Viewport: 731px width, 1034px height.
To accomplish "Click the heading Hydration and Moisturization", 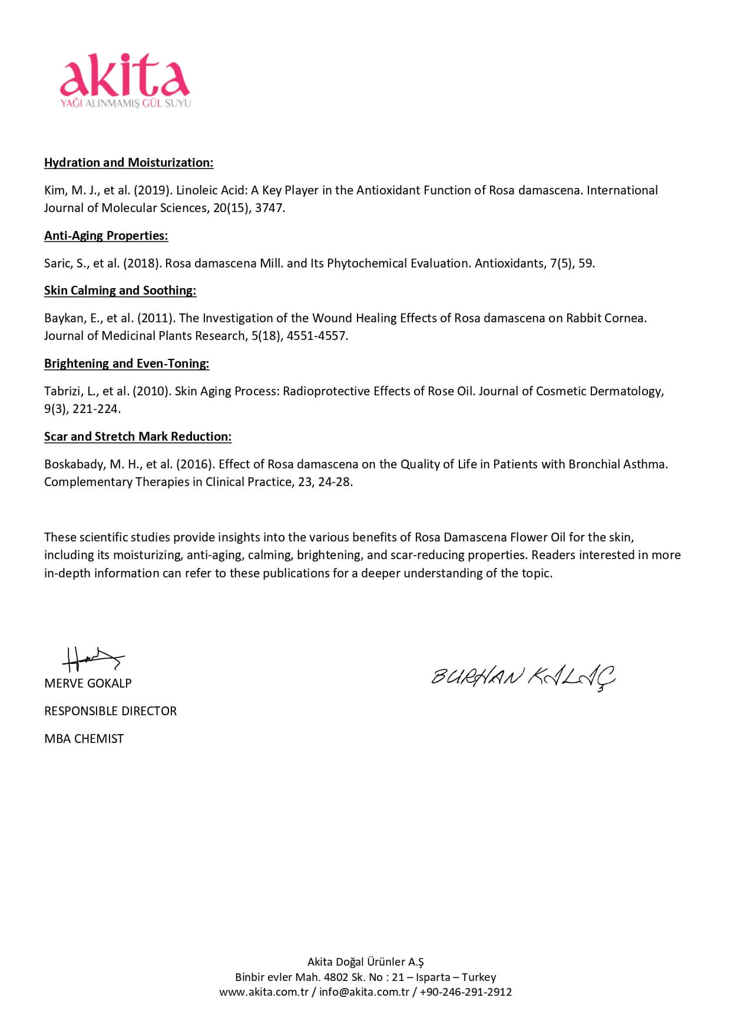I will (x=128, y=163).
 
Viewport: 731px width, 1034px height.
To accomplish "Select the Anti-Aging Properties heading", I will (x=106, y=236).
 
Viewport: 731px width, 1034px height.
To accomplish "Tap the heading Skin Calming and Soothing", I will (x=120, y=290).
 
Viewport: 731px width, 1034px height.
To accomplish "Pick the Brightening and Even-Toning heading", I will (x=127, y=364).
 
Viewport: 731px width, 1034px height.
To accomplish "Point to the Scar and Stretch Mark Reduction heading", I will (x=138, y=437).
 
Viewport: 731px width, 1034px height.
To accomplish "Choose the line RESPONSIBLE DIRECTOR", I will (x=110, y=711).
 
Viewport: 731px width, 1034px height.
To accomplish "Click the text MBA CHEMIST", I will (x=84, y=739).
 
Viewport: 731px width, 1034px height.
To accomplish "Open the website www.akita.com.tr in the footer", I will (x=264, y=992).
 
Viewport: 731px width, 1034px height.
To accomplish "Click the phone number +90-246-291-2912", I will (x=465, y=992).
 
